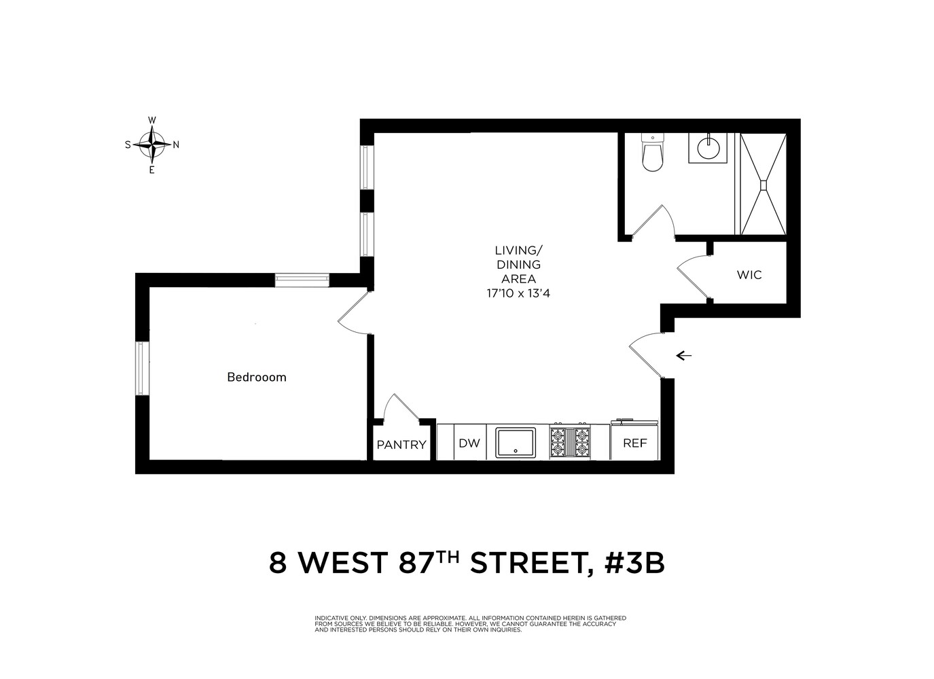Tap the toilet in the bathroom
(x=652, y=153)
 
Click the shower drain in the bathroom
(x=764, y=183)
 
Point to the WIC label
(x=749, y=275)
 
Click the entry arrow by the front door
(x=684, y=355)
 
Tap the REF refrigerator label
(x=635, y=443)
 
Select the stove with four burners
(x=570, y=441)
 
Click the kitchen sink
(x=515, y=443)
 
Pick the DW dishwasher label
(x=469, y=443)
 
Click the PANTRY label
(x=401, y=445)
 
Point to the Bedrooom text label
(x=256, y=377)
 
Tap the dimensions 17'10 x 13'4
(x=518, y=293)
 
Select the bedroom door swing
(x=352, y=314)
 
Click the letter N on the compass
(x=176, y=145)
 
